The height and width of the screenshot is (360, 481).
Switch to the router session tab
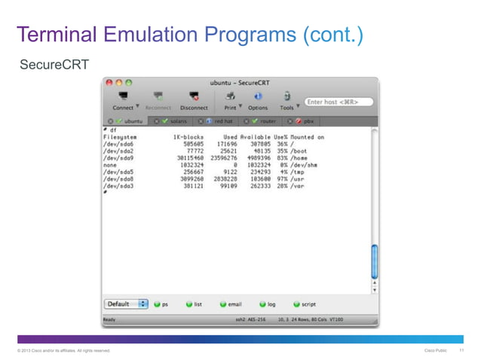point(265,121)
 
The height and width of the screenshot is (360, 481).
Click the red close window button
point(109,81)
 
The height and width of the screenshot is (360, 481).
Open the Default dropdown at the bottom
point(126,304)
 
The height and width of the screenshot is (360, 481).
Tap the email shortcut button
point(230,304)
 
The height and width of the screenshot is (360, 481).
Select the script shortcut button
point(304,304)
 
